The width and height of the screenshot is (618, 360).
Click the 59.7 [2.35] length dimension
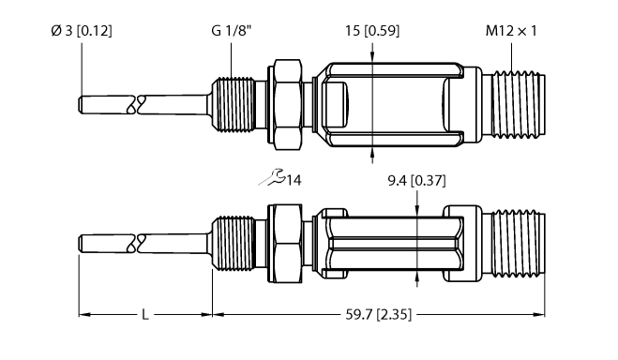tap(380, 315)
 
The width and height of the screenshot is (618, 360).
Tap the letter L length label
tap(144, 315)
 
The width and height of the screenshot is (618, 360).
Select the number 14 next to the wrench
tap(295, 180)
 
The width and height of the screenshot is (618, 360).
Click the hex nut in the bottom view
tap(285, 246)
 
